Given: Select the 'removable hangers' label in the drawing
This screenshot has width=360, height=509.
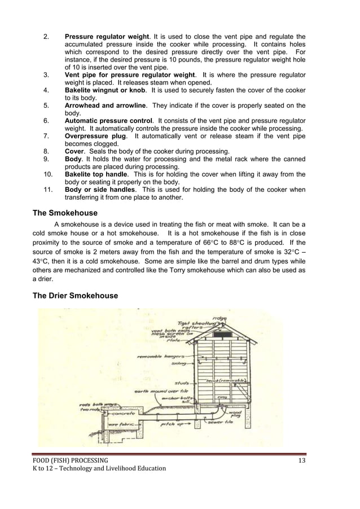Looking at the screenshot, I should pyautogui.click(x=157, y=357).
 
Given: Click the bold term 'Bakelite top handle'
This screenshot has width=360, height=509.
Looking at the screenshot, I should pyautogui.click(x=96, y=174).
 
